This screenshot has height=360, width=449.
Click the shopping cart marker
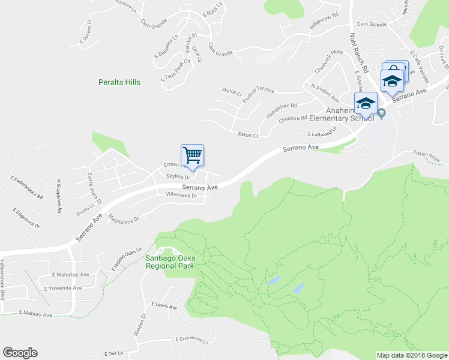[x=193, y=155]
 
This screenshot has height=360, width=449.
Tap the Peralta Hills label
[x=119, y=82]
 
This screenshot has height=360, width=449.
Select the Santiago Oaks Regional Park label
[x=170, y=262]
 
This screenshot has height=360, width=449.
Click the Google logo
[x=20, y=353]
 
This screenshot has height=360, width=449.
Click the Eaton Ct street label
[x=248, y=136]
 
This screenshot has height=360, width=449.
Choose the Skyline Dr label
[x=178, y=177]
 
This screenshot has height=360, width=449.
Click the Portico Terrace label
[x=257, y=90]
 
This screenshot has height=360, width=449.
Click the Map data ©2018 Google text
[x=412, y=355]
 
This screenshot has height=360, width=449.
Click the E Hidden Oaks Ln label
[x=125, y=258]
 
